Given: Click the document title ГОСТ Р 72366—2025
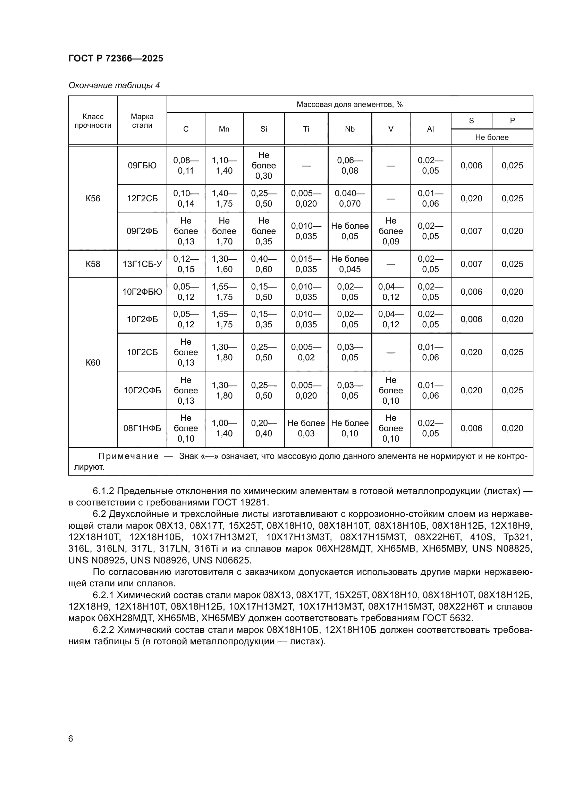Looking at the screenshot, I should [116, 58].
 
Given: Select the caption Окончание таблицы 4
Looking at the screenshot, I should [114, 85].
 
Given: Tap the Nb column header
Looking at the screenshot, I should [349, 129].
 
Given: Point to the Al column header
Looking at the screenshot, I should [430, 129].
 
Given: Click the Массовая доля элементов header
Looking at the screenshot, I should [349, 104].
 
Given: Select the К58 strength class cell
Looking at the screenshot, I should [93, 264].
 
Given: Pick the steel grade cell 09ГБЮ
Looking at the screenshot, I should [142, 166].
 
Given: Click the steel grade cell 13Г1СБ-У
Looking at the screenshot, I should [142, 264].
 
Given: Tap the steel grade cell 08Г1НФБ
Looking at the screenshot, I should [142, 428].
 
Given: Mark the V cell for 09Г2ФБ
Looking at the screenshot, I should [390, 231].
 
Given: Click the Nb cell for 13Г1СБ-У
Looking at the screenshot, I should [349, 264].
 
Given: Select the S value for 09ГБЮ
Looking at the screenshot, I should [471, 166].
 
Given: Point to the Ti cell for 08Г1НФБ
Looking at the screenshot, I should [306, 428].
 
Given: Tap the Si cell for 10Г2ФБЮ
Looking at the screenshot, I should [263, 292].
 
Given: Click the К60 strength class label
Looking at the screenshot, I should [93, 362].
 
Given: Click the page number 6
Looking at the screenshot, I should [71, 739].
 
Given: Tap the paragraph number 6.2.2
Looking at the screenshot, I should [103, 630].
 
